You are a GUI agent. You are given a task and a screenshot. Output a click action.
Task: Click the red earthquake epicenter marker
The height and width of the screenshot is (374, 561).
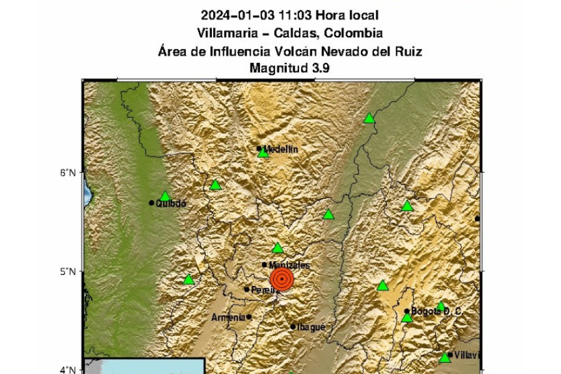[x=282, y=279]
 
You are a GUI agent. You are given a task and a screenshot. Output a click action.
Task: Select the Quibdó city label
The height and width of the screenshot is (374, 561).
[x=171, y=203]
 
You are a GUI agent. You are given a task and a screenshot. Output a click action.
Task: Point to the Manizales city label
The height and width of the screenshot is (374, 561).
[x=289, y=265]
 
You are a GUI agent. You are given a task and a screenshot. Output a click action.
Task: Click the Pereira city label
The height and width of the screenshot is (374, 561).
[x=265, y=290]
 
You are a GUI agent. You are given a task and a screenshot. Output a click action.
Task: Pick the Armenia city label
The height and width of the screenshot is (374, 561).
[x=229, y=318]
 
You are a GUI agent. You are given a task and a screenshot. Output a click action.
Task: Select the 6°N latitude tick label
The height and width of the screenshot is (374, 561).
[x=68, y=173]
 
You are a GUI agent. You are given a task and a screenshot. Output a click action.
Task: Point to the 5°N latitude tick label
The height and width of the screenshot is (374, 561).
[x=68, y=272]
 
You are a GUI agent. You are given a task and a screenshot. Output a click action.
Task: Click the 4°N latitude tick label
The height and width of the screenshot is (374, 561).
[x=68, y=370]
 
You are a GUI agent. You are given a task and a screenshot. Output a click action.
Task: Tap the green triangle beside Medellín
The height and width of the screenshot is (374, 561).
[x=264, y=153]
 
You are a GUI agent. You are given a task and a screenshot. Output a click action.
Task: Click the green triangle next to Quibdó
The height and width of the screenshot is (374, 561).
[x=166, y=196]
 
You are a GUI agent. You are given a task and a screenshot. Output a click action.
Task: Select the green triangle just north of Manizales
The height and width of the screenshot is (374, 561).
[x=278, y=248]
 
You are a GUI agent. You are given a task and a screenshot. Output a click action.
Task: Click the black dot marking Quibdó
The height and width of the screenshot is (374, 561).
[x=152, y=203]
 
